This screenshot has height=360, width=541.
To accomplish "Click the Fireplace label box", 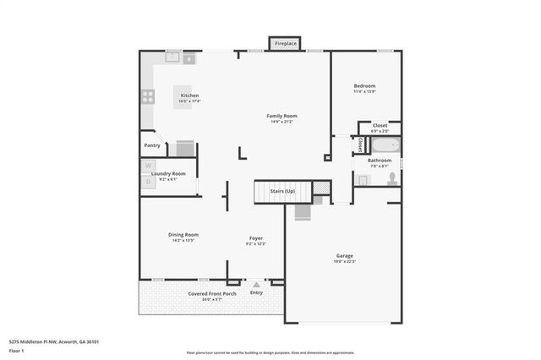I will [x=284, y=43].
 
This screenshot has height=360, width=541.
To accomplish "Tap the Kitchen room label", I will [x=189, y=95].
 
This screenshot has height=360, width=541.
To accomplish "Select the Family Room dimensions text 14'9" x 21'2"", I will [x=281, y=123].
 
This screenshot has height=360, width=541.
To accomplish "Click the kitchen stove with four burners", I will [x=148, y=95].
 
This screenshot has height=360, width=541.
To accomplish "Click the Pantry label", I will [x=152, y=145].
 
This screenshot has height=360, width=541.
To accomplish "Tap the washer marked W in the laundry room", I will [x=148, y=166].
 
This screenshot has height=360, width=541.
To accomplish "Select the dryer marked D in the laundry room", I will [x=148, y=181].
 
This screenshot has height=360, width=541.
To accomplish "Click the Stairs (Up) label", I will [x=282, y=192].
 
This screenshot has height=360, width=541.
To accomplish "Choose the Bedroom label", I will [x=364, y=85].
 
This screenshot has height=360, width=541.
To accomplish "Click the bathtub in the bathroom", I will [x=380, y=145].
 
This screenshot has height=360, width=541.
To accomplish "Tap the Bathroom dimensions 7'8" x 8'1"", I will [x=379, y=166].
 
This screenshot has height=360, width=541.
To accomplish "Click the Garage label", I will [x=344, y=255].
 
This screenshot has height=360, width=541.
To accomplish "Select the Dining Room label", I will [x=183, y=234].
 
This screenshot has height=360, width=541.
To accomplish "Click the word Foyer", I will [x=255, y=237].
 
